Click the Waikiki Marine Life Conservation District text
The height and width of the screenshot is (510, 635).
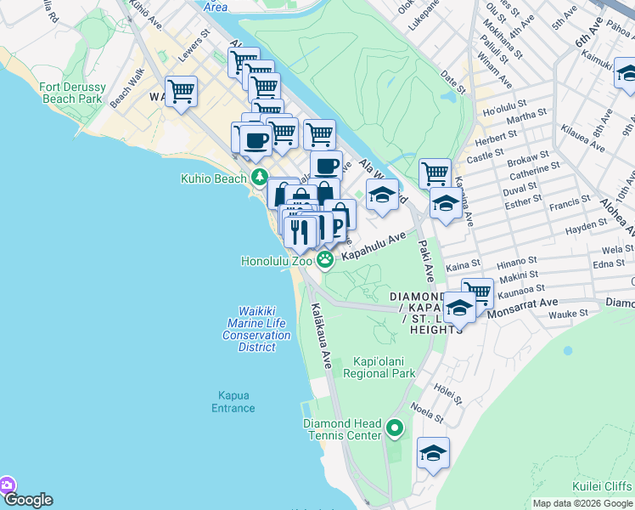pyautogui.click(x=257, y=330)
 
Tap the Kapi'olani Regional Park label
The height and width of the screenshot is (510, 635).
pyautogui.click(x=379, y=367)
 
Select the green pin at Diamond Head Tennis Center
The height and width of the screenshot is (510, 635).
pyautogui.click(x=394, y=429)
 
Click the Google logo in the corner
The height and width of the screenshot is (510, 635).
pyautogui.click(x=27, y=500)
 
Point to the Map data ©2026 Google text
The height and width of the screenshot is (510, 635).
pyautogui.click(x=582, y=503)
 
